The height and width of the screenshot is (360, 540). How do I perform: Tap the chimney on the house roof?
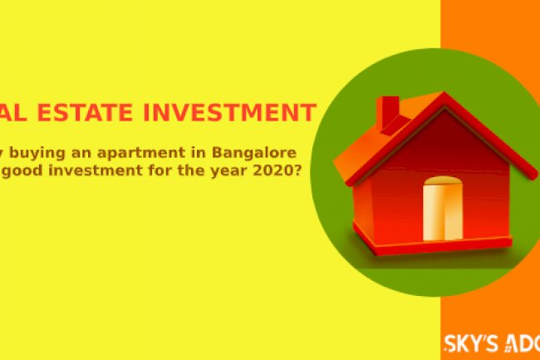coord(388,114)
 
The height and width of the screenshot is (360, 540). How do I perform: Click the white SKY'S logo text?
coord(473,341)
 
